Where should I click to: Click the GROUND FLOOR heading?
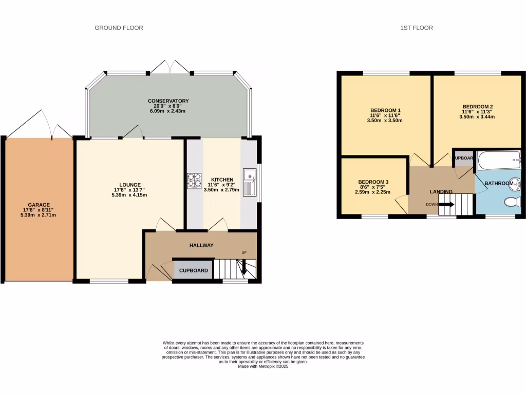pyautogui.click(x=119, y=28)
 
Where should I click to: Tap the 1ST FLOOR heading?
pyautogui.click(x=416, y=28)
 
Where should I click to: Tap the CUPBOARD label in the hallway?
pyautogui.click(x=193, y=270)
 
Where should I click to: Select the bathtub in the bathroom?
pyautogui.click(x=499, y=161)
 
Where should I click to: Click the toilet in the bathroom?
pyautogui.click(x=513, y=201)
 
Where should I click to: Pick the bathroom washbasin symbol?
pyautogui.click(x=516, y=183)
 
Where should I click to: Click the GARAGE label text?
pyautogui.click(x=39, y=205)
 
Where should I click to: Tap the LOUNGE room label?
pyautogui.click(x=130, y=185)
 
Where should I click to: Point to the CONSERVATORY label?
pyautogui.click(x=168, y=101)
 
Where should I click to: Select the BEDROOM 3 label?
pyautogui.click(x=373, y=182)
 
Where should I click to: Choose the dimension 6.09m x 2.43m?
pyautogui.click(x=168, y=111)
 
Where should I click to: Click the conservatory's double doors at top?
pyautogui.click(x=170, y=67)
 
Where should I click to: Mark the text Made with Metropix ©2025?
pyautogui.click(x=264, y=366)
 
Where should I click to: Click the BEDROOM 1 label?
pyautogui.click(x=385, y=110)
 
